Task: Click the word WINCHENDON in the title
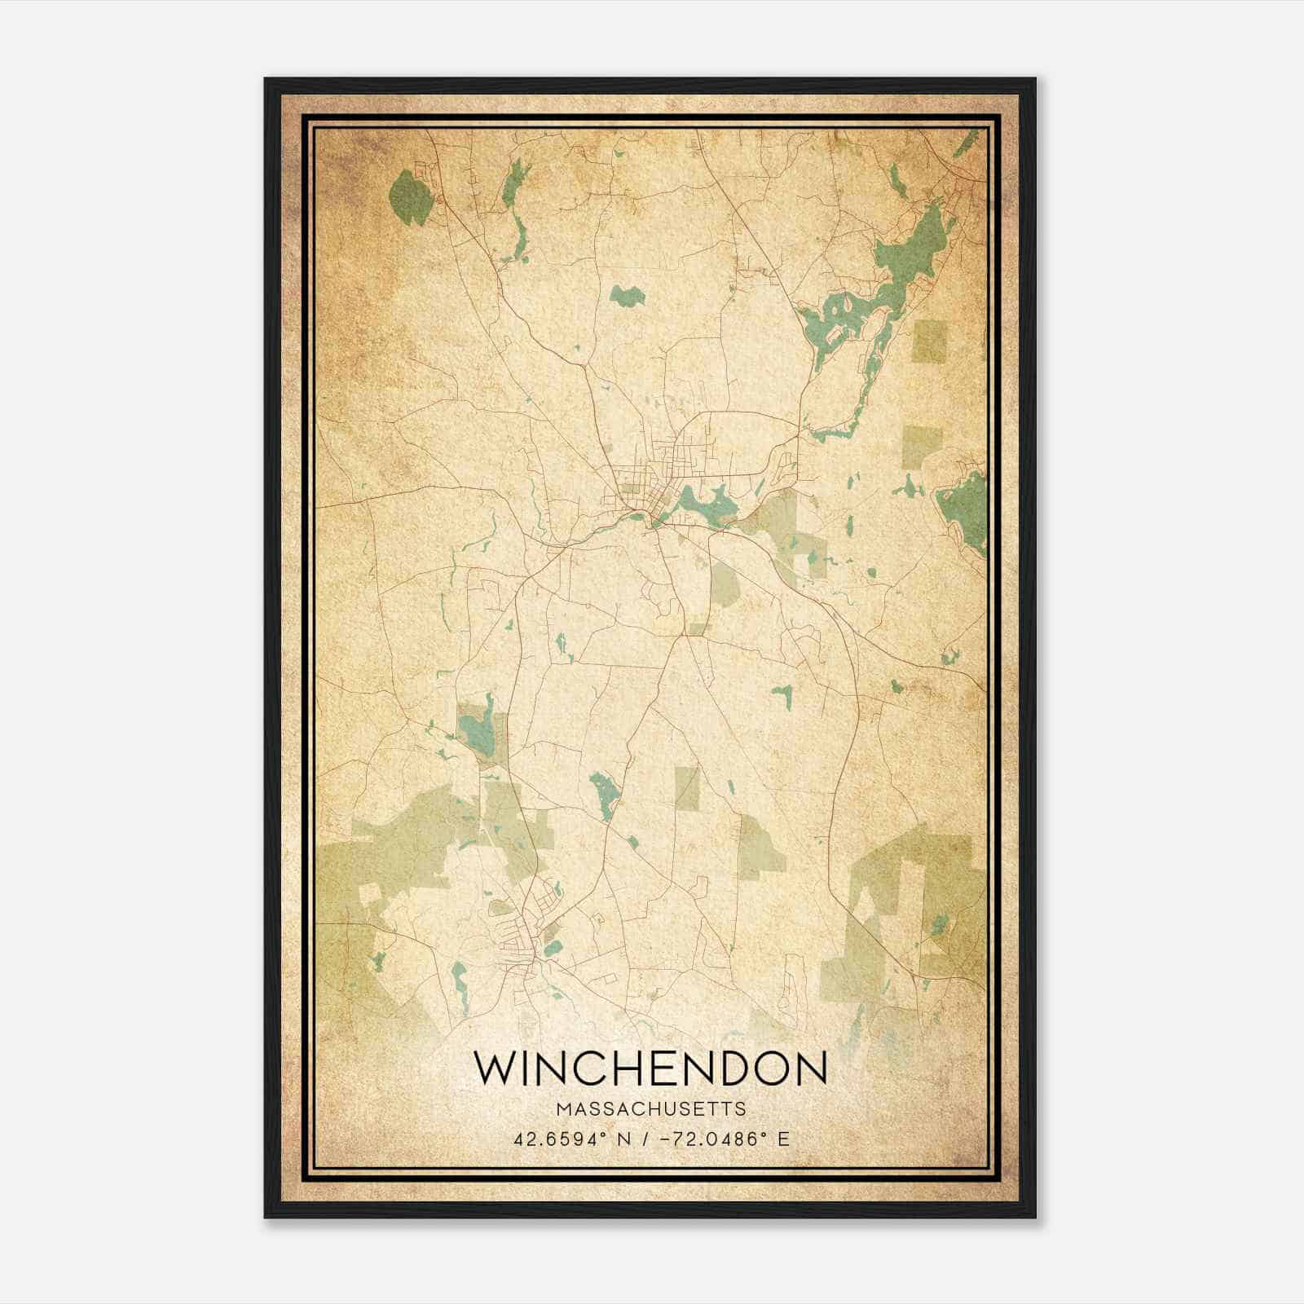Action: click(650, 1068)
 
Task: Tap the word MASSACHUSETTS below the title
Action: click(650, 1109)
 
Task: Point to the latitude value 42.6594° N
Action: click(573, 1139)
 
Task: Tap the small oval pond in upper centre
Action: click(626, 295)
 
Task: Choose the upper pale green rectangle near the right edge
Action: click(931, 341)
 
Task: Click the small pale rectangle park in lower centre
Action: click(687, 787)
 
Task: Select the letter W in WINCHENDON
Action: click(494, 1068)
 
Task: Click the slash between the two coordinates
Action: click(645, 1139)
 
